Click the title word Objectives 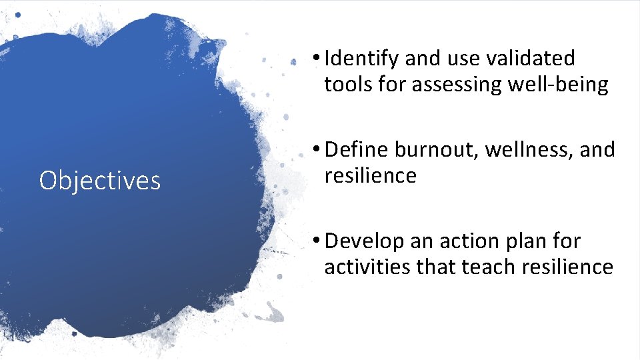click(x=100, y=181)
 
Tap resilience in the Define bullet click(x=370, y=175)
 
